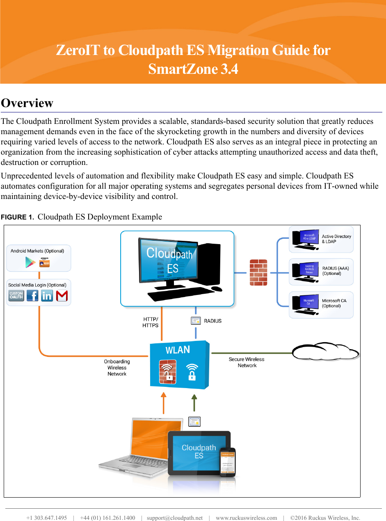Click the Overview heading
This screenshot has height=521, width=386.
[x=27, y=103]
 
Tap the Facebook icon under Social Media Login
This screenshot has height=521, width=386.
[x=32, y=295]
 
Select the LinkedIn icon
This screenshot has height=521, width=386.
[x=47, y=295]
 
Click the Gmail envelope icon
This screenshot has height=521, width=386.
[x=62, y=295]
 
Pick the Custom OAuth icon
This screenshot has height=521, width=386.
[x=16, y=295]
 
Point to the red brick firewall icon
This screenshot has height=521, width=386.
[x=258, y=272]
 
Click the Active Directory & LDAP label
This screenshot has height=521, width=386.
[x=336, y=239]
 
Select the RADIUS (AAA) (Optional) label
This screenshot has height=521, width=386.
[x=335, y=271]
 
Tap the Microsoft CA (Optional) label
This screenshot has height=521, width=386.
[x=334, y=303]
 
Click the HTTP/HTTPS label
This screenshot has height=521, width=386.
[x=150, y=322]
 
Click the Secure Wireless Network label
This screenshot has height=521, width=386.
[x=247, y=362]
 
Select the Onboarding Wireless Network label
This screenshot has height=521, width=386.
[x=117, y=368]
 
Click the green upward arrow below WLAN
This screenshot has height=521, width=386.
[x=194, y=403]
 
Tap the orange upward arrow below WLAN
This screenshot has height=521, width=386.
[x=164, y=403]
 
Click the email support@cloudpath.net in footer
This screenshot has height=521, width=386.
[x=175, y=518]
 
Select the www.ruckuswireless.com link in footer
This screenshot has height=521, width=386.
[x=246, y=518]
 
